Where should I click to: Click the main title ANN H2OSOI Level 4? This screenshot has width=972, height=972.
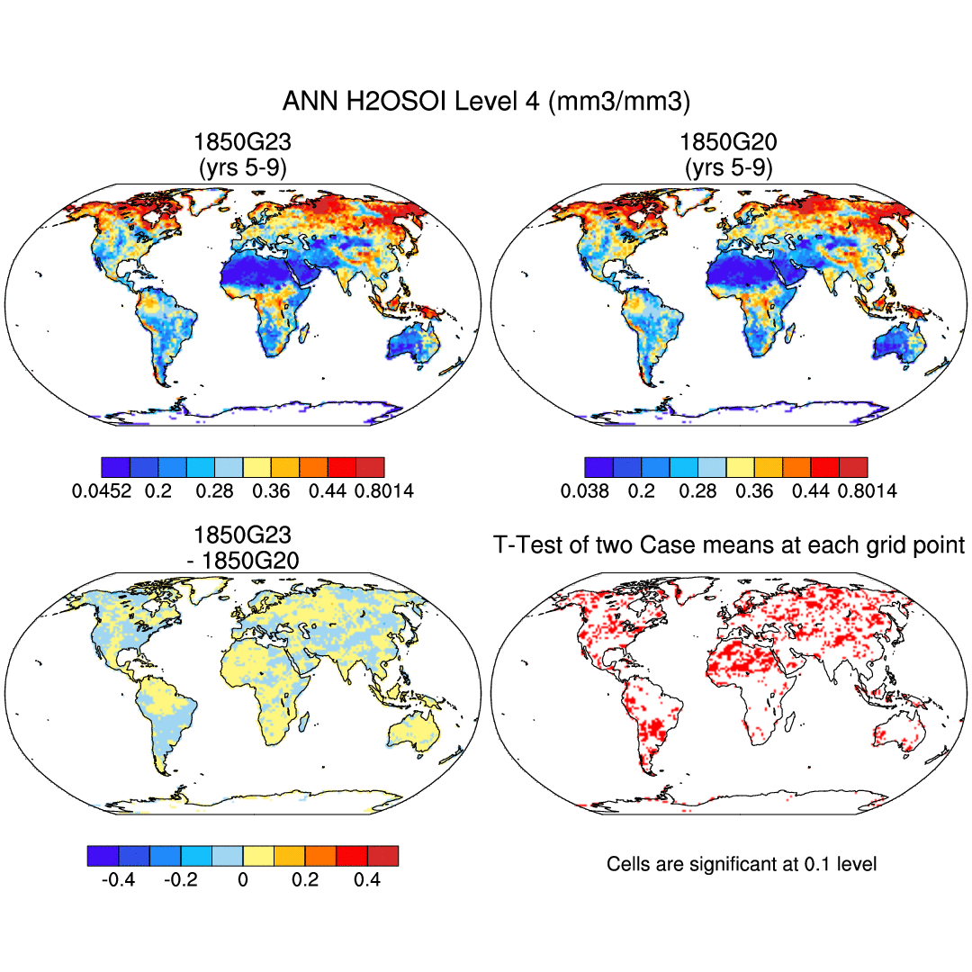point(486,101)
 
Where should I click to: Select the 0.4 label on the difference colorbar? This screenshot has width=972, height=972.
point(367,879)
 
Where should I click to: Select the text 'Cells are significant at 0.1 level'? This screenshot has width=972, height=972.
point(742,864)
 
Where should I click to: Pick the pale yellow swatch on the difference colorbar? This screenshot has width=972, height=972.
point(258,856)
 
